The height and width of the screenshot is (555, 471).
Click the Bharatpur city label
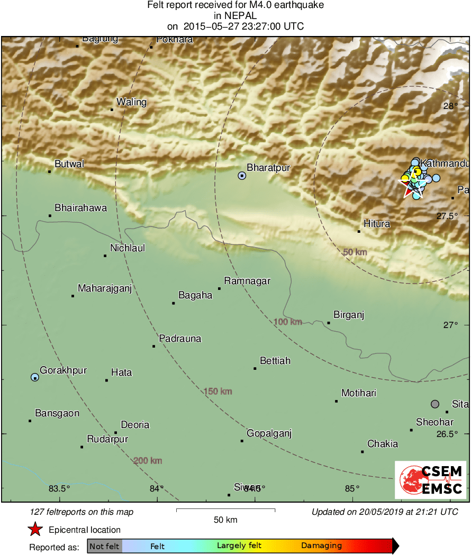click(269, 168)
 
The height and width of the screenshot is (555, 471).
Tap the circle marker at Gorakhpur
click(35, 377)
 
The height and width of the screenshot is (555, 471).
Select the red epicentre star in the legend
click(35, 530)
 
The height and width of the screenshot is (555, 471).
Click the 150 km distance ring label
click(218, 392)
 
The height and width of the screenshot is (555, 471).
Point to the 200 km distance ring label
click(148, 461)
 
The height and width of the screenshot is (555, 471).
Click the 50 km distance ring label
click(355, 252)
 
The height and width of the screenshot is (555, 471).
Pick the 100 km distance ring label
click(288, 322)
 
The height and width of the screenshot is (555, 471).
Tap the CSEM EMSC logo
click(431, 479)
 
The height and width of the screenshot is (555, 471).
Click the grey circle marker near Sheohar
click(435, 404)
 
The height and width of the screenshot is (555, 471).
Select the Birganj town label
click(349, 315)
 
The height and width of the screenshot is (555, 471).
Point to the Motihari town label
click(359, 393)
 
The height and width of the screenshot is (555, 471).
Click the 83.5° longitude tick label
click(59, 488)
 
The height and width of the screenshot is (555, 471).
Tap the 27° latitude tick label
click(450, 325)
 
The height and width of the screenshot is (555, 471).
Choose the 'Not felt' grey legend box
click(105, 546)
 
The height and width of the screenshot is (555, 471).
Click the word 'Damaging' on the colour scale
click(321, 545)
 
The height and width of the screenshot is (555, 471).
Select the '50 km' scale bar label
click(225, 520)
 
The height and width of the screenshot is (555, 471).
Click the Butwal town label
click(69, 164)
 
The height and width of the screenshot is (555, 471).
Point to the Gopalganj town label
click(269, 434)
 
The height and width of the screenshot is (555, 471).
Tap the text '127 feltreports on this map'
click(82, 512)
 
